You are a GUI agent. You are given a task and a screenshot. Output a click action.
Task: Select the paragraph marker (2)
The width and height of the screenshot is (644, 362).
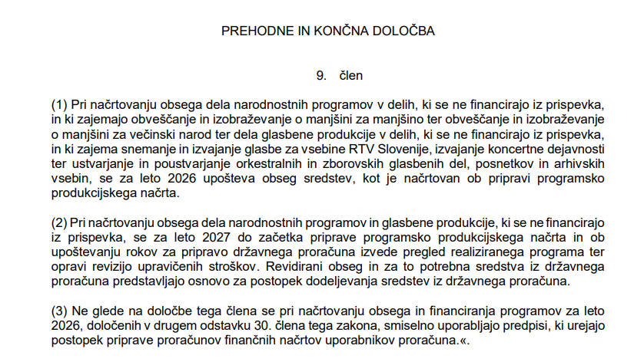59,223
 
